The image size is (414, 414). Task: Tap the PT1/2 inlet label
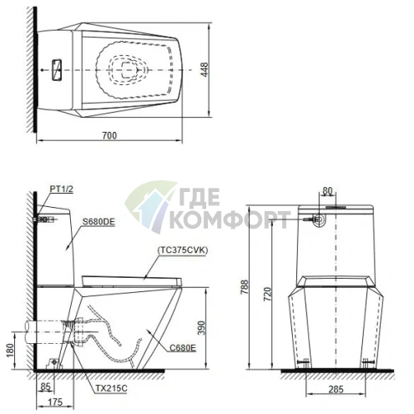tap(62, 191)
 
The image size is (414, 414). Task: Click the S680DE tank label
tap(98, 221)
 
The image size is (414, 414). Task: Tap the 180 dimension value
tap(10, 348)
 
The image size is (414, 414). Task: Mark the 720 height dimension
tap(266, 294)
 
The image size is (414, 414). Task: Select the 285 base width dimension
tap(336, 389)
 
